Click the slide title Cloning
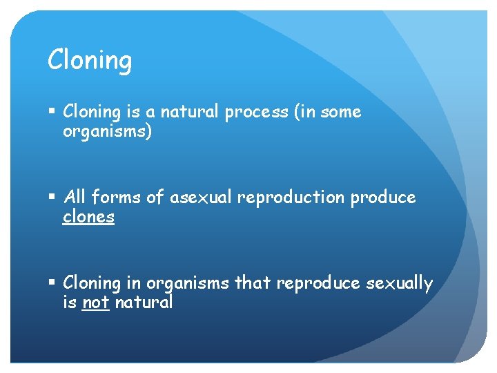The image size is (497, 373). (89, 61)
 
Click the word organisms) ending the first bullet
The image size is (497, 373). (107, 132)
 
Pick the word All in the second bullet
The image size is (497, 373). (75, 198)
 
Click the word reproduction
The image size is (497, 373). (291, 198)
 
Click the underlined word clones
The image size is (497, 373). (88, 218)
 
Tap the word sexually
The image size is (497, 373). (398, 284)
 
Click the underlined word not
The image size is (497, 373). (96, 303)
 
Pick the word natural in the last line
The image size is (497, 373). (144, 303)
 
